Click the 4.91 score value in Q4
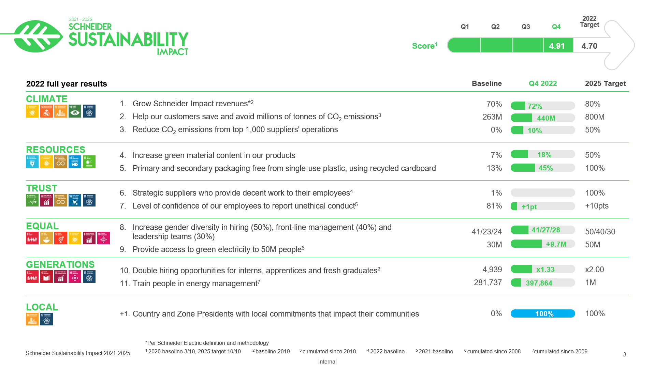(557, 46)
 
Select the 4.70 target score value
(589, 46)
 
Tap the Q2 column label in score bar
(495, 27)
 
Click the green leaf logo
(38, 36)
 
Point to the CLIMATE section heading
(47, 99)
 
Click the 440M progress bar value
(546, 118)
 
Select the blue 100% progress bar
(542, 313)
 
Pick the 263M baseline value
(492, 117)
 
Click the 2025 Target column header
(605, 83)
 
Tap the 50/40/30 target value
(600, 232)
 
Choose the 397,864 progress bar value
(539, 283)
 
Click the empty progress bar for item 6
(542, 193)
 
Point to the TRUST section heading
(42, 188)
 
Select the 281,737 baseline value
(487, 282)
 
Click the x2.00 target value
(594, 270)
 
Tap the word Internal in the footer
(327, 362)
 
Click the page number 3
(625, 354)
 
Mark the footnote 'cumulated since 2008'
(493, 351)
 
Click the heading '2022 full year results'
(67, 84)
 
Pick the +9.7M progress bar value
(556, 244)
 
